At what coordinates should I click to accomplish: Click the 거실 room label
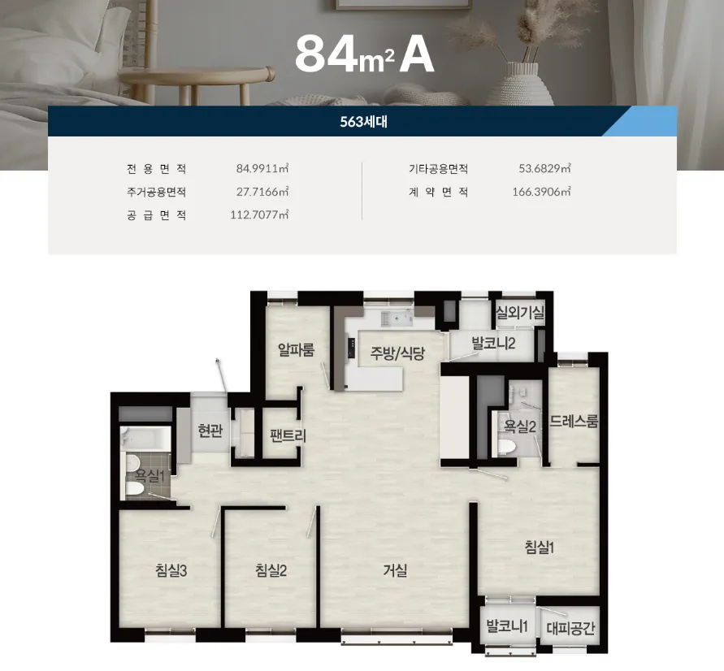(395, 571)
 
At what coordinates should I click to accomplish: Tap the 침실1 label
(540, 548)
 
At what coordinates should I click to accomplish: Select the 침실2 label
(271, 571)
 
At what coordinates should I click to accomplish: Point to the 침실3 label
(171, 571)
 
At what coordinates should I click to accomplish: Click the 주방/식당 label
(397, 353)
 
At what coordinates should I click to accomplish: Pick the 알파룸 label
(297, 349)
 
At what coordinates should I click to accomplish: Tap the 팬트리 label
(288, 435)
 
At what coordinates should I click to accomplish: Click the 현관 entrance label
(210, 431)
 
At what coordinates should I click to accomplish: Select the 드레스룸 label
(574, 421)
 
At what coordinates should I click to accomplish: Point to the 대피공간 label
(570, 628)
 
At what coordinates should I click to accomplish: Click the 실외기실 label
(520, 313)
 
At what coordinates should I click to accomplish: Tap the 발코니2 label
(493, 344)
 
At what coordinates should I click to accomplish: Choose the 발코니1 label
(507, 626)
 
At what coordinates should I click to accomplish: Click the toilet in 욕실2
(507, 447)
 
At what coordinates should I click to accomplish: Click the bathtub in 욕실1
(145, 438)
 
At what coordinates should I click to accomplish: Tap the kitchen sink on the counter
(397, 318)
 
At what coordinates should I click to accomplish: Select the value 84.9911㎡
(262, 168)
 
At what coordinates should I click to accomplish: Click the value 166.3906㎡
(541, 192)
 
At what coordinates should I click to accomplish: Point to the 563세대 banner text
(363, 121)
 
